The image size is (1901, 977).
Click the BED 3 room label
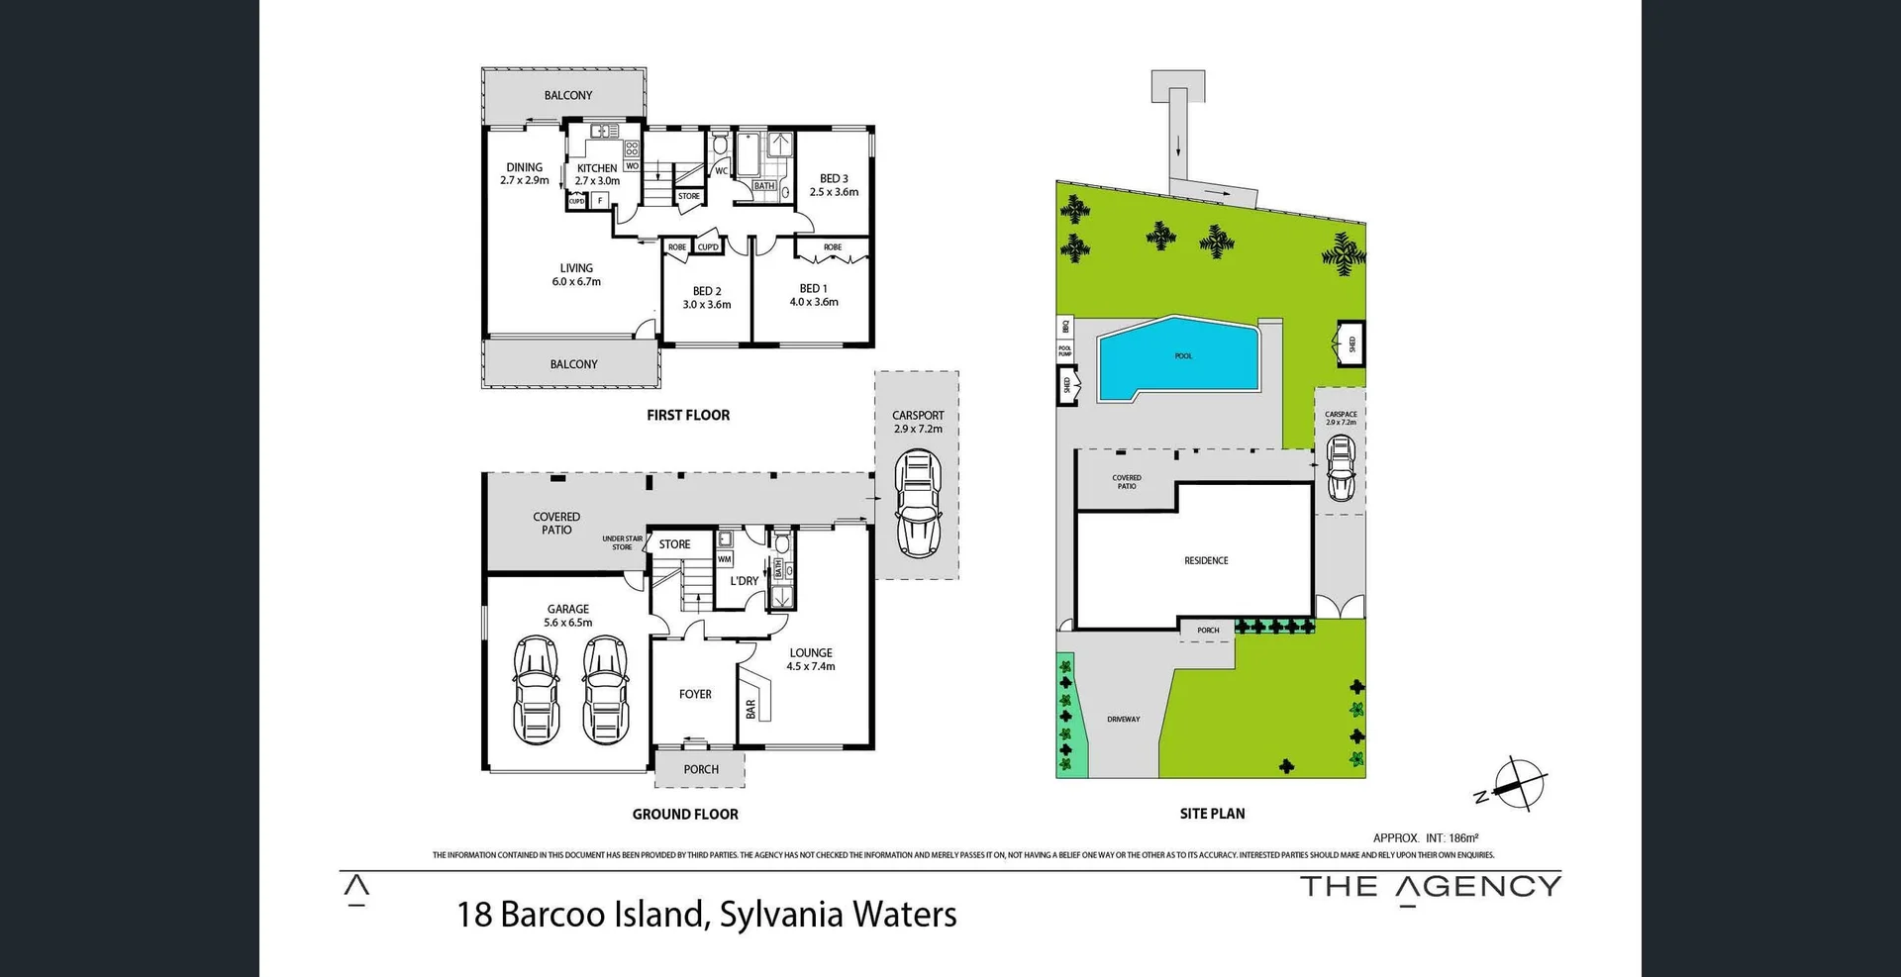tap(834, 179)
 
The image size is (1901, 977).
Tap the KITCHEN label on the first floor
tap(597, 168)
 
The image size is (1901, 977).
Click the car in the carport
tap(918, 504)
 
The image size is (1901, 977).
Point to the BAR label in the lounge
tap(750, 709)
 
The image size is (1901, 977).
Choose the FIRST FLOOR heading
tap(688, 416)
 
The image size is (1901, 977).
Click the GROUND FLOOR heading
tap(685, 815)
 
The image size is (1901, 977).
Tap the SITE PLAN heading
tap(1212, 814)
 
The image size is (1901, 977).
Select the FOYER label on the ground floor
tap(695, 695)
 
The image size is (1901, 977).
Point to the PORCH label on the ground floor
tap(701, 770)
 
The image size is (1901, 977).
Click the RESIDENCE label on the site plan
tap(1206, 561)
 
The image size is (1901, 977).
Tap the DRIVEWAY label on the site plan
tap(1123, 720)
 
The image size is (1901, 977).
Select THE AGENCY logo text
tap(1430, 887)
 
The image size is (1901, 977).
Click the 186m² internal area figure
tap(1463, 838)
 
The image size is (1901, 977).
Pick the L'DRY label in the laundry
tap(745, 582)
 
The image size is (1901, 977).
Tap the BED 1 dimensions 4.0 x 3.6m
tap(814, 302)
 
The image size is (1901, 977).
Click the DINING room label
tap(524, 167)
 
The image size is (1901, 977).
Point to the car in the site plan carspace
tap(1341, 467)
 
